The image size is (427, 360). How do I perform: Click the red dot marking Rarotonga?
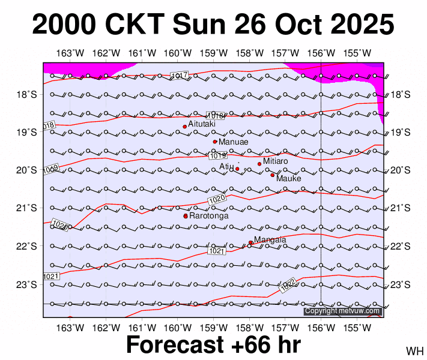pyautogui.click(x=186, y=216)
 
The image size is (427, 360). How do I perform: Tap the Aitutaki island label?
pyautogui.click(x=202, y=124)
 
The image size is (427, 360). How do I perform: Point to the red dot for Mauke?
pyautogui.click(x=273, y=175)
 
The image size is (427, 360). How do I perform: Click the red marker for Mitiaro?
pyautogui.click(x=259, y=164)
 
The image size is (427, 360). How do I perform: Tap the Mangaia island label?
pyautogui.click(x=270, y=240)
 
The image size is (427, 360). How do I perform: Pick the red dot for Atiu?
pyautogui.click(x=237, y=169)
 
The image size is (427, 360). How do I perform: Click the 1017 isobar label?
pyautogui.click(x=180, y=75)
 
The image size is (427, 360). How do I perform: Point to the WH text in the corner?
pyautogui.click(x=414, y=350)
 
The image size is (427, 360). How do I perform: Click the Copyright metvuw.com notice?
pyautogui.click(x=342, y=311)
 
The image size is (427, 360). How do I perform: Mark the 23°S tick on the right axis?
pyautogui.click(x=400, y=284)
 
